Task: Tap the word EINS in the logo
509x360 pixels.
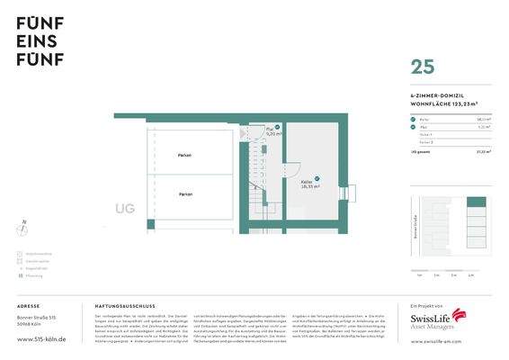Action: coord(35,41)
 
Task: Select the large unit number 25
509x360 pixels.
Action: coord(423,67)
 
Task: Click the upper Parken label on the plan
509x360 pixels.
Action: coord(184,156)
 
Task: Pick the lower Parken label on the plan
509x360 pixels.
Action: coord(184,194)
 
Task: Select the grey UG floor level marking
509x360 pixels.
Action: coord(125,209)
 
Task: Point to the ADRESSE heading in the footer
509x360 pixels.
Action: coord(28,306)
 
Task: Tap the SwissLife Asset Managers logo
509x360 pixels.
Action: coord(438,320)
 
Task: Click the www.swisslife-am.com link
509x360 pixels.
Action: coord(439,343)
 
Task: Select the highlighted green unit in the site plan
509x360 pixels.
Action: coord(477,202)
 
